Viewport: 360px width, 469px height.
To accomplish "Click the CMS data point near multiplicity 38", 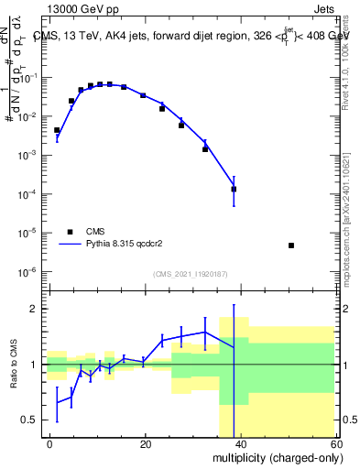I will [x=234, y=190].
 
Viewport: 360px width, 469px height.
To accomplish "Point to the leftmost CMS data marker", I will [x=57, y=130].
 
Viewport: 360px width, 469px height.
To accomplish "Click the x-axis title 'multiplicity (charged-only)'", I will [x=273, y=456].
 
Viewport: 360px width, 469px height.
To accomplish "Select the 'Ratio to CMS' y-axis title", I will [x=14, y=365].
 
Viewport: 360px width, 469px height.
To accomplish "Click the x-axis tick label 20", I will [x=145, y=443].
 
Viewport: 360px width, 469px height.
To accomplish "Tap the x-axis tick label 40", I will [x=240, y=443].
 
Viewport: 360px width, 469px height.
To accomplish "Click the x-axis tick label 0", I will [x=50, y=443].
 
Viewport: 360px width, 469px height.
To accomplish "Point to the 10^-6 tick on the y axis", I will [x=28, y=272].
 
